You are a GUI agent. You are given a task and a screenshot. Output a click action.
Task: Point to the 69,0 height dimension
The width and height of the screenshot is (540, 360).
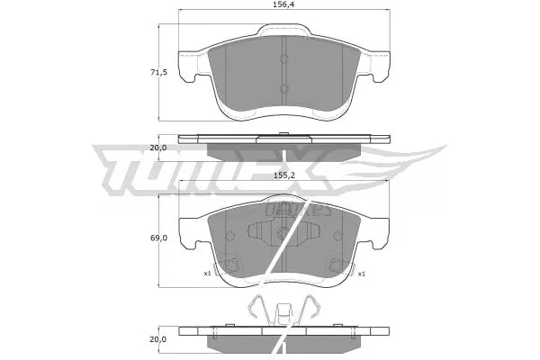(x=158, y=238)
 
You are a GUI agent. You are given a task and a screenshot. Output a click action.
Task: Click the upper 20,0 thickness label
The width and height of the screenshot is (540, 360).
(x=158, y=147)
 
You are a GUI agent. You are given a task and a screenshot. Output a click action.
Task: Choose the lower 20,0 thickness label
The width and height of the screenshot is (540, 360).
(x=158, y=338)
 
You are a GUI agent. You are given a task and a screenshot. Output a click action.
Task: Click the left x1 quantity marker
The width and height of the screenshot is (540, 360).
(x=207, y=274)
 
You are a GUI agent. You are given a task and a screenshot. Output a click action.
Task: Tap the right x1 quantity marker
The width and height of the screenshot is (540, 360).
(x=361, y=274)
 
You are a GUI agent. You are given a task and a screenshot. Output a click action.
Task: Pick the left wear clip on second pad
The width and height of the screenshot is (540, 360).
(x=229, y=265)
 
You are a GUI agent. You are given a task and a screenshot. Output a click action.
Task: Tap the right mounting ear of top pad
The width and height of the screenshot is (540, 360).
(x=377, y=63)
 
